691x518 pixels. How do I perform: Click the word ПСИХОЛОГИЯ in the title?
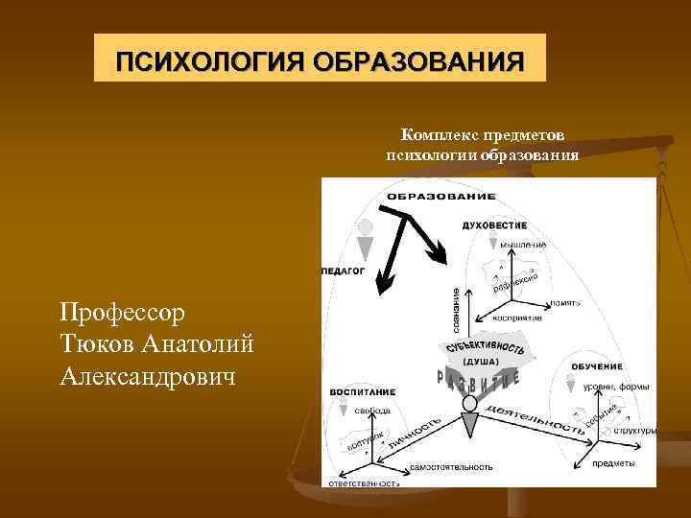pos(198,62)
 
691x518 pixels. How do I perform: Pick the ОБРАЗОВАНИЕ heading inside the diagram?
pos(441,196)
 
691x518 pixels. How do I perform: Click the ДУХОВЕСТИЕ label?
pos(494,225)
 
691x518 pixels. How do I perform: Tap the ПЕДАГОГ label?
pos(343,271)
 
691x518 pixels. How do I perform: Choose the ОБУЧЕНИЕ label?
pos(596,366)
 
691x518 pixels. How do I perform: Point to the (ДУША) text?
pos(480,362)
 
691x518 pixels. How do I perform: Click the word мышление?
pos(523,245)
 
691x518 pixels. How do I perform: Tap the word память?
pos(565,302)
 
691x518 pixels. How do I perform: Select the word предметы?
pos(611,463)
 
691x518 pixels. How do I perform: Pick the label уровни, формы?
pos(615,387)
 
